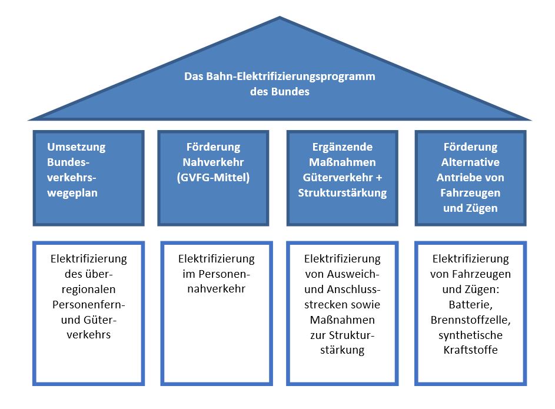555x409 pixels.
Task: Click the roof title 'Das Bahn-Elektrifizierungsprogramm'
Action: (x=280, y=77)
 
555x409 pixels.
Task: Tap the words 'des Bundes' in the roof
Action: (x=280, y=92)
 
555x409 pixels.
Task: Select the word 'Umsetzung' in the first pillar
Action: (x=76, y=147)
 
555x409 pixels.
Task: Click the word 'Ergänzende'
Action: (x=343, y=147)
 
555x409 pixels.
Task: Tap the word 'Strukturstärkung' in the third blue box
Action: (x=343, y=193)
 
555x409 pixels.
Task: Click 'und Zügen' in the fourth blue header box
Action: (x=469, y=208)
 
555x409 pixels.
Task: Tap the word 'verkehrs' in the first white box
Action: (x=88, y=335)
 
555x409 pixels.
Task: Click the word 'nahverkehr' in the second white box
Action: (x=216, y=289)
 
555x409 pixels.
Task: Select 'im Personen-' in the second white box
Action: (x=216, y=274)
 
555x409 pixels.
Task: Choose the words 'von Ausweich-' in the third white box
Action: (x=343, y=274)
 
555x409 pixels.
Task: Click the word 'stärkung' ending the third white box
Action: (x=343, y=350)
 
